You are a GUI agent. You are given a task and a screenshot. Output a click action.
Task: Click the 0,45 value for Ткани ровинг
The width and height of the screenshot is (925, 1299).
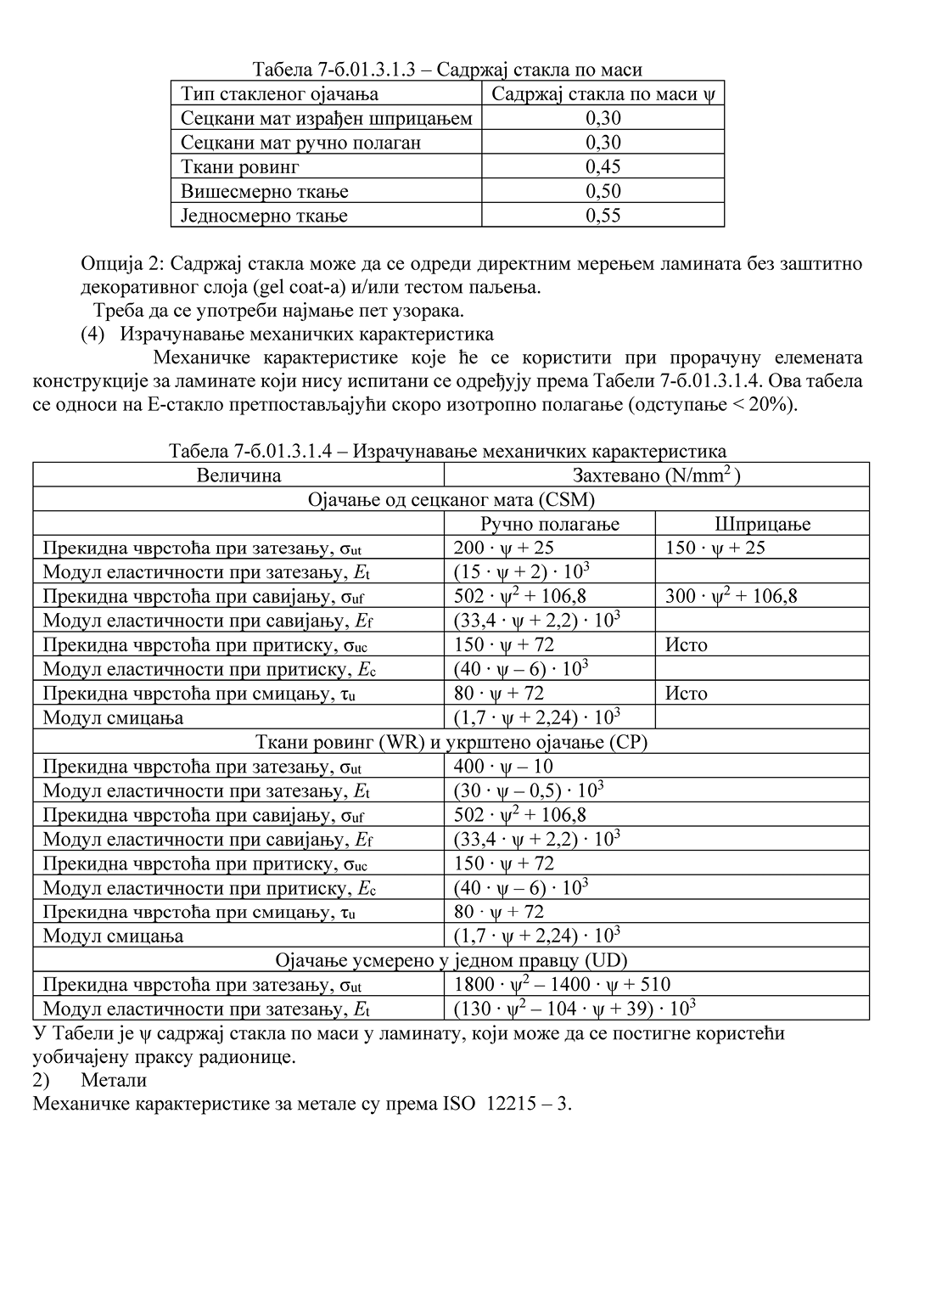[603, 166]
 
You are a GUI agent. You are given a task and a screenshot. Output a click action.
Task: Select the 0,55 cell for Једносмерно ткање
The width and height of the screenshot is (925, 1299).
[603, 216]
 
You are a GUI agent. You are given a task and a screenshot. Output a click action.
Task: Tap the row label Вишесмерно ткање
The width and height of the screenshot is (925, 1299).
[265, 191]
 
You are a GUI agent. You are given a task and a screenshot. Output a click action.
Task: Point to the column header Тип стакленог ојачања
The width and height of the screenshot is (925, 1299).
[279, 93]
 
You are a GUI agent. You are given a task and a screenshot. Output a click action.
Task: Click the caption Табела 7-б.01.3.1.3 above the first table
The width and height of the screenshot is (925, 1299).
[340, 70]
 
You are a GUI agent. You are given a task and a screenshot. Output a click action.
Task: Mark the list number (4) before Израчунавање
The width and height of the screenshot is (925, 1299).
[92, 334]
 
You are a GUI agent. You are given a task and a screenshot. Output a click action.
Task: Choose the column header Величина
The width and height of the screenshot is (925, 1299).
[238, 475]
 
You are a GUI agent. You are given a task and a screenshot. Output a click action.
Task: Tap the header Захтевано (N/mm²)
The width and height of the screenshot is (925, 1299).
[656, 475]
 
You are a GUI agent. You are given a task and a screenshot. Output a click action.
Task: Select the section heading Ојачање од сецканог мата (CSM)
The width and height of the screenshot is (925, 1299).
[451, 499]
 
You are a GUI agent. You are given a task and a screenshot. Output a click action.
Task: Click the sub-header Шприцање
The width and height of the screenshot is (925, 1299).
[762, 524]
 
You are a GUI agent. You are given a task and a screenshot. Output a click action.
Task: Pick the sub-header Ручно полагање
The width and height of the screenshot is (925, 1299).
[550, 524]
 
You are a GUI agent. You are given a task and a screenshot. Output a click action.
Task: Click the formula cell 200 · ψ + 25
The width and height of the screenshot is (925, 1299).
[503, 548]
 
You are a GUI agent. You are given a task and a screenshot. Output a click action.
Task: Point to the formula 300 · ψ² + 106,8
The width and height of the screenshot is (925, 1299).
[731, 596]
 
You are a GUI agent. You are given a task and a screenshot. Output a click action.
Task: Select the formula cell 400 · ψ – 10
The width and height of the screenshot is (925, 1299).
[503, 767]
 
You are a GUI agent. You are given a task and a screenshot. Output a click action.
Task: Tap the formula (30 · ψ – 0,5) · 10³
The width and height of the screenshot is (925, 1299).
[528, 790]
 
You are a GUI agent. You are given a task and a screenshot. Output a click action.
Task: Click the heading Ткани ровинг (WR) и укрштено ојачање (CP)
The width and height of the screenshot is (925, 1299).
[451, 742]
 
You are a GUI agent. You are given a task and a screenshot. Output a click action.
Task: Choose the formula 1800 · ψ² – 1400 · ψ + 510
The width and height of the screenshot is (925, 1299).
[562, 985]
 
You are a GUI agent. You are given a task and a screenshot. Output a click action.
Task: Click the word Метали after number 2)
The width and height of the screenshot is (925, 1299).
[114, 1080]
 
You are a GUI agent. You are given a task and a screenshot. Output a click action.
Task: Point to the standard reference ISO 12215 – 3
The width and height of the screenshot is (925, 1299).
[507, 1104]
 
